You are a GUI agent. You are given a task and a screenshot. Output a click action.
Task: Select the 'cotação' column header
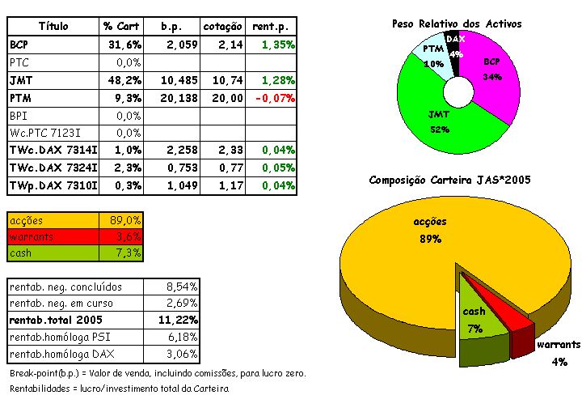coord(222,27)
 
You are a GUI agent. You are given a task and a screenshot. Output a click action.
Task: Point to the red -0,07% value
coord(272,97)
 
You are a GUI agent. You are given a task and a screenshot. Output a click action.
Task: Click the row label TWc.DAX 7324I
coord(53,168)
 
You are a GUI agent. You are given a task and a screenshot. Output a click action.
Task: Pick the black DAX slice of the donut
coord(455,53)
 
